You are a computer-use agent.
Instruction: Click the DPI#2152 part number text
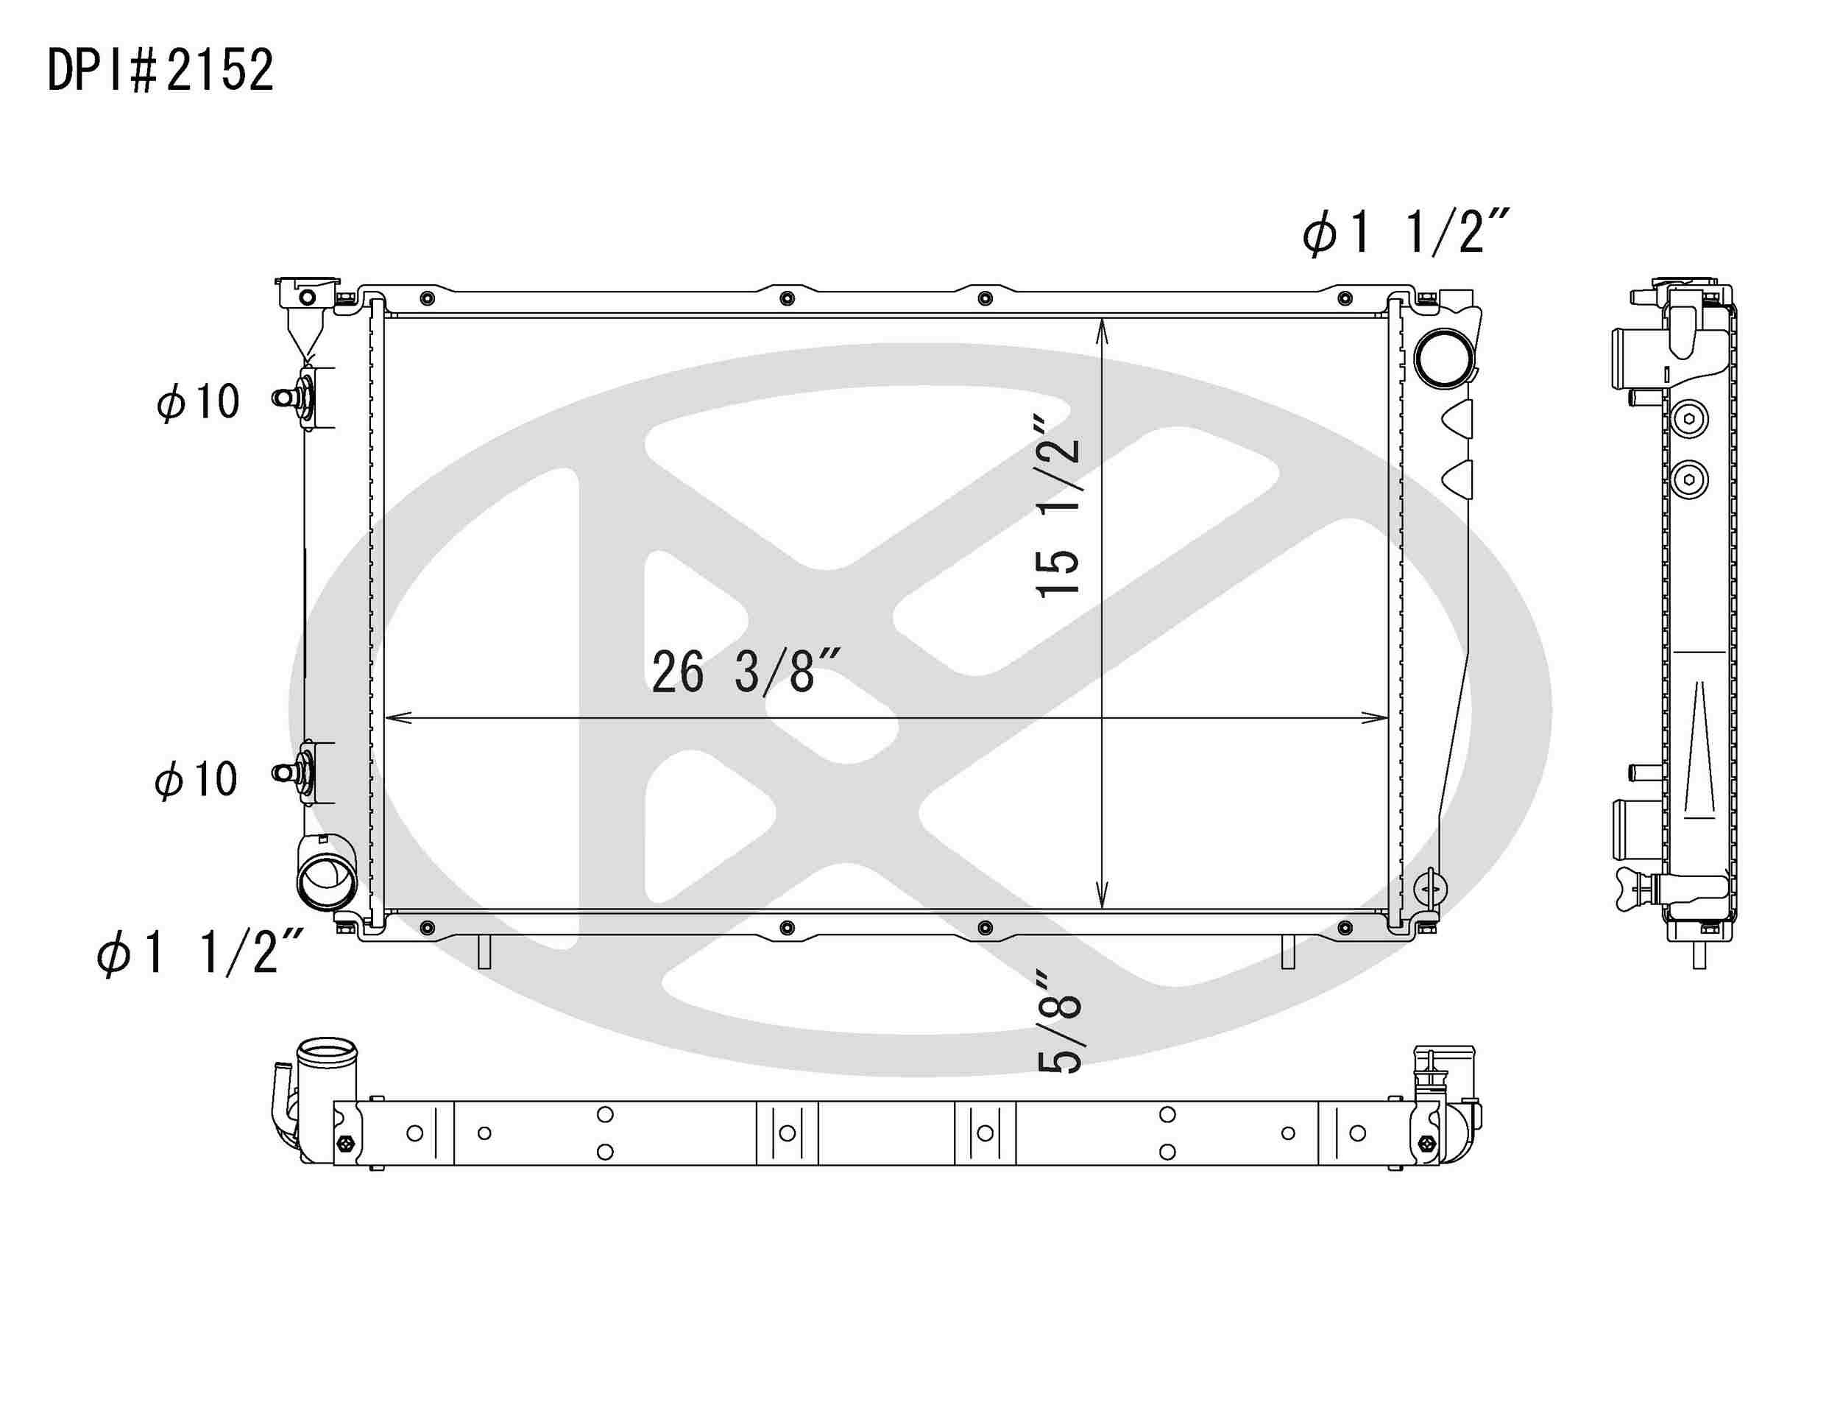[x=160, y=70]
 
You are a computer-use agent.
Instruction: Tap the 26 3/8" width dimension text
[x=746, y=672]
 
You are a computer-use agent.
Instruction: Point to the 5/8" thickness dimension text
[x=1059, y=1022]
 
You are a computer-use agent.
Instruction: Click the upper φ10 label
[x=198, y=402]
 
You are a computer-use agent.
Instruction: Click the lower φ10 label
[x=197, y=779]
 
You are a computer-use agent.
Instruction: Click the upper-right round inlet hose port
[x=1444, y=357]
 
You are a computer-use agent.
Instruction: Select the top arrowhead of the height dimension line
[x=1101, y=331]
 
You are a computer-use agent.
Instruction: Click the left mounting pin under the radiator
[x=484, y=951]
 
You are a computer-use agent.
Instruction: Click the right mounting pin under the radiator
[x=1287, y=951]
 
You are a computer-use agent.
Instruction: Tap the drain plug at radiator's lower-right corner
[x=1430, y=887]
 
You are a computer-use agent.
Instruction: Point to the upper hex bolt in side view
[x=1688, y=419]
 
